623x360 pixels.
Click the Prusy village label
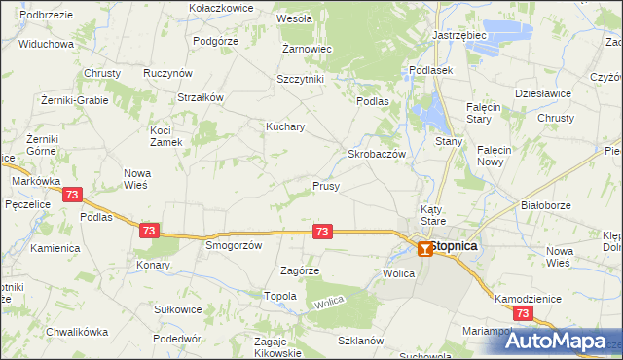pyautogui.click(x=326, y=185)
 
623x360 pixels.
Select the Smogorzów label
pyautogui.click(x=234, y=246)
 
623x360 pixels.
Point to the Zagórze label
pyautogui.click(x=300, y=270)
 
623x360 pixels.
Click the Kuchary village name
pyautogui.click(x=286, y=126)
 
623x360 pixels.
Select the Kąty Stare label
pyautogui.click(x=432, y=215)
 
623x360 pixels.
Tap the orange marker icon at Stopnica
pyautogui.click(x=424, y=249)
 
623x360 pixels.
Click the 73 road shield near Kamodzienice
pyautogui.click(x=524, y=313)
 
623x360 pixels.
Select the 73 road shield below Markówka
pyautogui.click(x=71, y=196)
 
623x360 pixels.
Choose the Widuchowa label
pyautogui.click(x=46, y=45)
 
